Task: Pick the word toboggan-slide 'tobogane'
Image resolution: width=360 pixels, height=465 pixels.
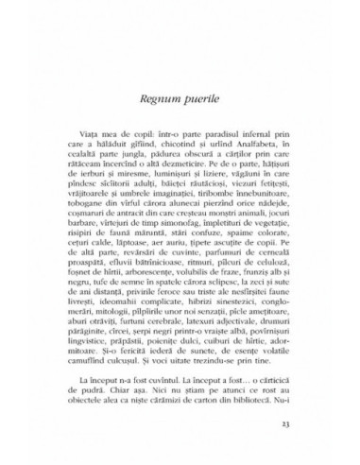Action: click(83, 214)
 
